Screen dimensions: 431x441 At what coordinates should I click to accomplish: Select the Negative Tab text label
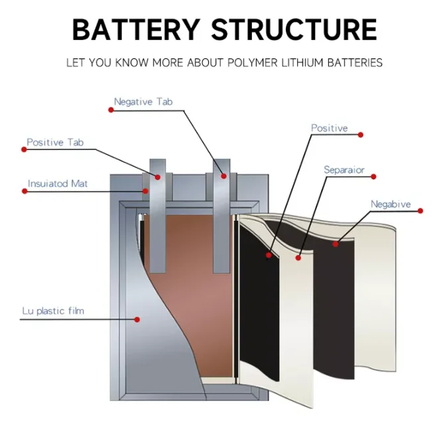coord(143,102)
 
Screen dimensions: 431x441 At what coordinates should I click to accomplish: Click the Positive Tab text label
coord(55,142)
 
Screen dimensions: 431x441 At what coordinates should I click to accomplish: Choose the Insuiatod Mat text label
coord(58,183)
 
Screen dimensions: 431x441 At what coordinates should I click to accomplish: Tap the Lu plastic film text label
coord(52,310)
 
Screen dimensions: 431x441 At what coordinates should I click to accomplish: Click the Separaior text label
coord(344,170)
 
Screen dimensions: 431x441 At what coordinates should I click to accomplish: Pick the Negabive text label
coord(391,204)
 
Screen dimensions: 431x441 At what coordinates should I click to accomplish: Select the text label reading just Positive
coord(329,128)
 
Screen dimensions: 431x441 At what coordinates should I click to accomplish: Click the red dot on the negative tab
coord(224,176)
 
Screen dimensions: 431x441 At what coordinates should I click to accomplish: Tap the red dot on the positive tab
coord(158,177)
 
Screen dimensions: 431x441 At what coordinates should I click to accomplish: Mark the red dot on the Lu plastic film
coord(137,319)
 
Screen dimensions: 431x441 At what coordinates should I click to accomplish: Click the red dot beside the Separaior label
coord(373,177)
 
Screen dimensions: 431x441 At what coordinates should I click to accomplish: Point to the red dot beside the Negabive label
coord(420,211)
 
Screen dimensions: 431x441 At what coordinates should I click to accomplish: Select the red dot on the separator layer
coord(298,257)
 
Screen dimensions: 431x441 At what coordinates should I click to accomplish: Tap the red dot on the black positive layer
coord(269,254)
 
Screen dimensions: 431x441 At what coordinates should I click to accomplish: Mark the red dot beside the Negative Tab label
coord(111,110)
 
